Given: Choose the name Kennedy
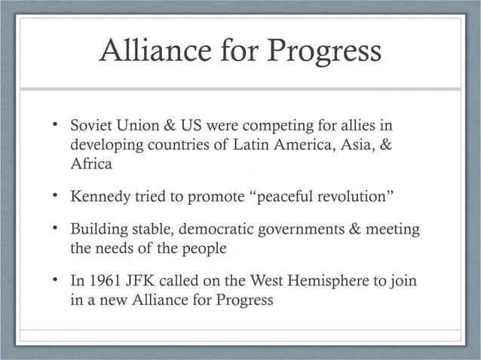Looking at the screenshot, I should (x=100, y=197).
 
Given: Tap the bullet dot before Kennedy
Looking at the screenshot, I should (x=57, y=197).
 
